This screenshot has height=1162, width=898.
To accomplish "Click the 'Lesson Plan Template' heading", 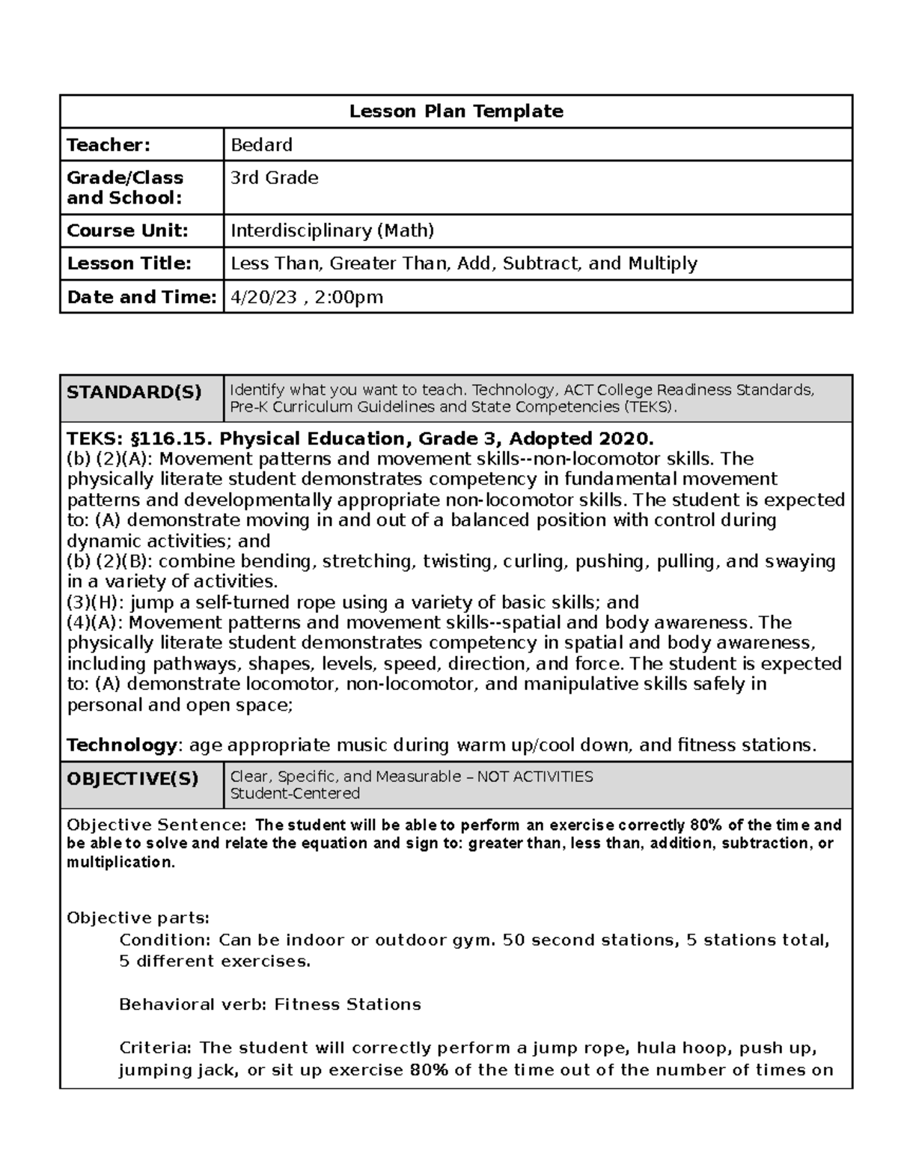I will pos(456,111).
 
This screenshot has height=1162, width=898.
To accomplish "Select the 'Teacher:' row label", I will pos(109,144).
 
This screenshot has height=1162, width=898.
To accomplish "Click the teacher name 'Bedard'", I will pos(261,144).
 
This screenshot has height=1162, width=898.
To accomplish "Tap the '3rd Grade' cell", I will pos(274,178).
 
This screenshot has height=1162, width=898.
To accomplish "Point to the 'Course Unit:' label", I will pos(127,230).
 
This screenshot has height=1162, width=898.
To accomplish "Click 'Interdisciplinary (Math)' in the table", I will pos(332,230).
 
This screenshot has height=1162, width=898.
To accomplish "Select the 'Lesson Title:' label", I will pos(129,263).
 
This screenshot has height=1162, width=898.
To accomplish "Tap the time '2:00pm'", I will pos(349,297).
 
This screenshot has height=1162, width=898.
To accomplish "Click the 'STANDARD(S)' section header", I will pos(134,392).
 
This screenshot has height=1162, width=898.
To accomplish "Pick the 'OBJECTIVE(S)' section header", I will pos(132,779).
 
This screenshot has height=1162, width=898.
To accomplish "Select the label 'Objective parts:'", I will pos(138,918).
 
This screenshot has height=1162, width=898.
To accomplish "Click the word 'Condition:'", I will pos(165,941).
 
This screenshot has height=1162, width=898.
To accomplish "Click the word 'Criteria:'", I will pos(156,1048).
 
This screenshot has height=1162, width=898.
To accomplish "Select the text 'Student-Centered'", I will pos(295,794).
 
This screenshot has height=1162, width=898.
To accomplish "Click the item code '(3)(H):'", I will pos(96,602).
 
